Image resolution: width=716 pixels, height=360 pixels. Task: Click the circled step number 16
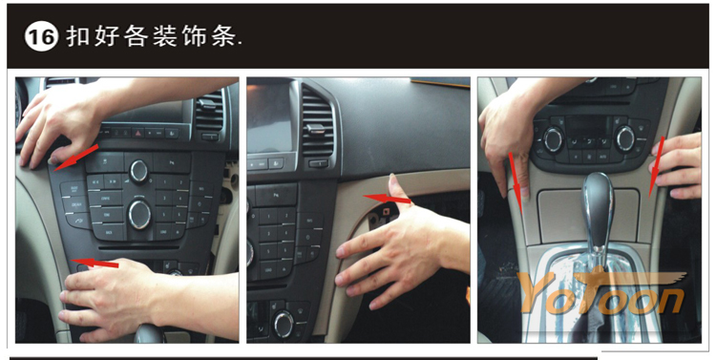pos(42,36)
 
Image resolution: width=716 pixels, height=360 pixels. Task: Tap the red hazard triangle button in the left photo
pos(137,133)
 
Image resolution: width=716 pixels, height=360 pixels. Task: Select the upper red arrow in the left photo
pos(75,158)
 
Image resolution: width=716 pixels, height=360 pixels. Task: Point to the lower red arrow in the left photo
pos(95,263)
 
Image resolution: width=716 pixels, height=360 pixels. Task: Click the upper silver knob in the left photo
pos(138,171)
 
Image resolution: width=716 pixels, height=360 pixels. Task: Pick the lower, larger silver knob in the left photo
pos(139,214)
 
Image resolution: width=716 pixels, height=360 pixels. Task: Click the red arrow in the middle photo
pos(387,199)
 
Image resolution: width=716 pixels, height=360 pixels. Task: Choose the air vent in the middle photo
pos(318,122)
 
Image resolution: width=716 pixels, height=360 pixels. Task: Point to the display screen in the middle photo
pos(270,117)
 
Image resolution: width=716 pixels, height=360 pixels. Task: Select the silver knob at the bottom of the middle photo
pos(284,324)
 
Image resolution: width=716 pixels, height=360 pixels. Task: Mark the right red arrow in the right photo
pos(656,166)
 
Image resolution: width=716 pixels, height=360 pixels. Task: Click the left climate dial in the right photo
pos(554,138)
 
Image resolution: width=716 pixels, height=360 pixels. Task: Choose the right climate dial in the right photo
pos(625,138)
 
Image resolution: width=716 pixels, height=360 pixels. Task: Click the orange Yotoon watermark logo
pos(602,291)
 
